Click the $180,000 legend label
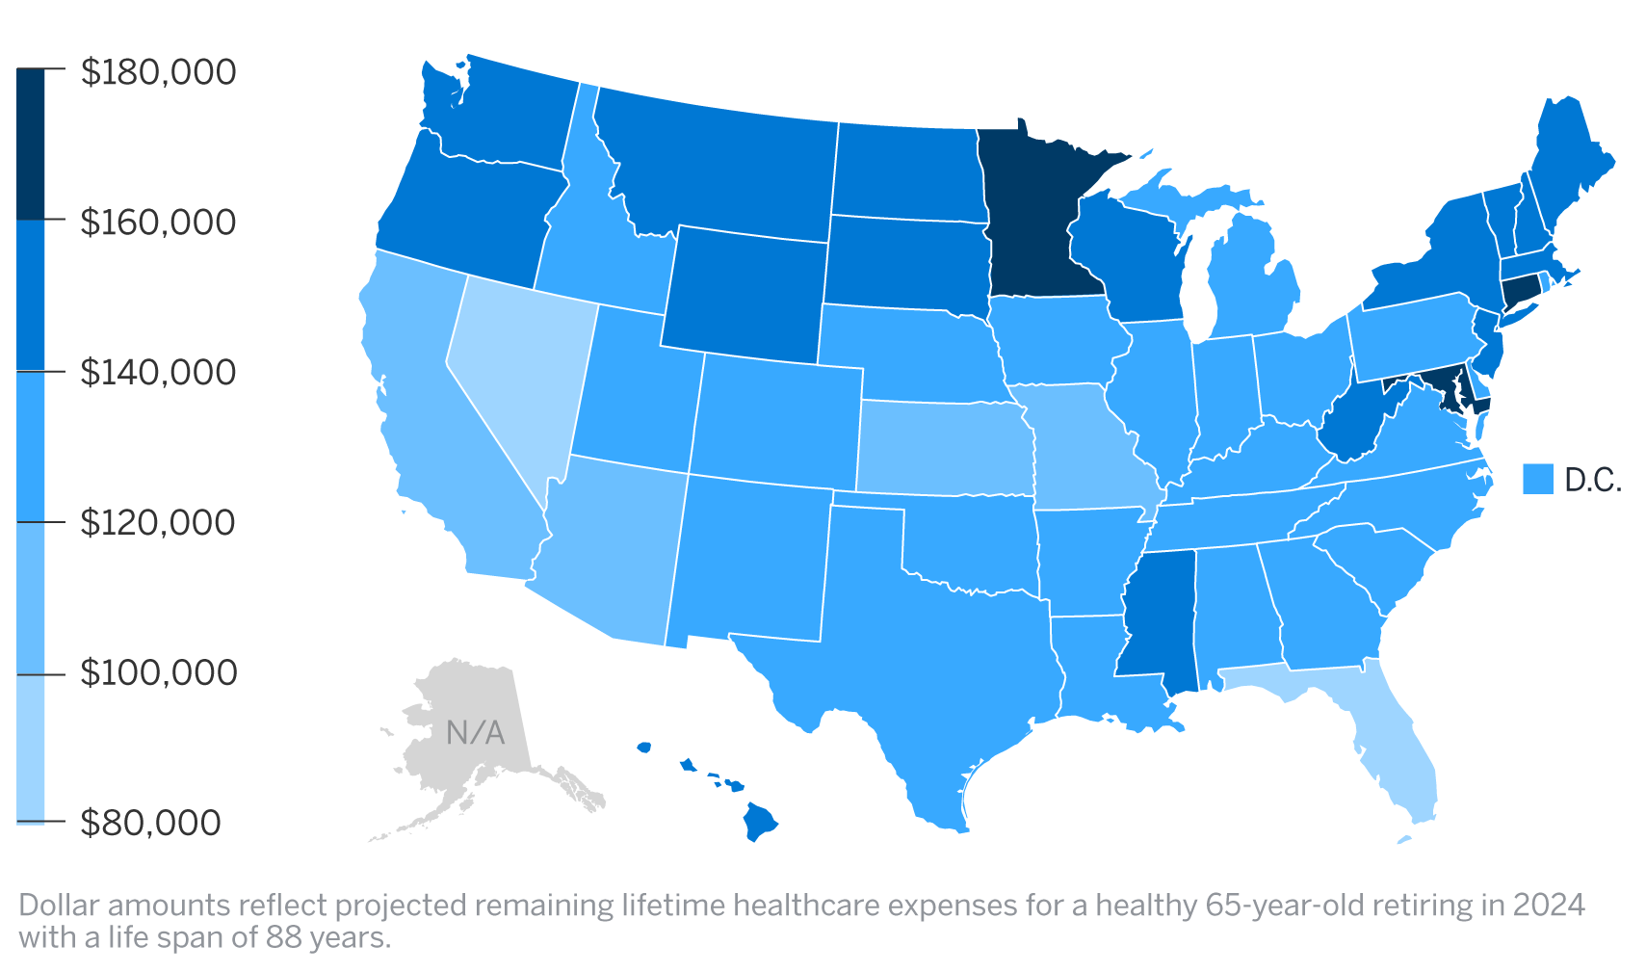pos(158,72)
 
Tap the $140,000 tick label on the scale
pos(158,372)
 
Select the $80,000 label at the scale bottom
pos(150,823)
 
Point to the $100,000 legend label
pos(158,672)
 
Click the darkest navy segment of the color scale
pos(31,144)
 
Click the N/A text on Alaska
pos(476,733)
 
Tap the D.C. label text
pos(1593,480)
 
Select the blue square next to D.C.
pos(1538,479)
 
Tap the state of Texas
pos(925,655)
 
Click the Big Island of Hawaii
pos(759,822)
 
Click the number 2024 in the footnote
pos(1548,906)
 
